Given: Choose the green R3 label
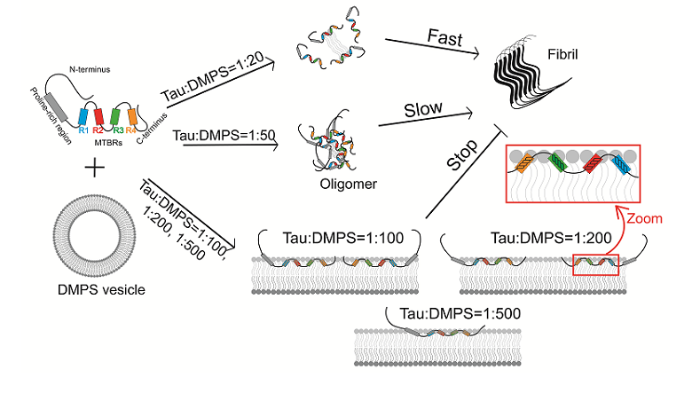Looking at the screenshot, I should click(x=117, y=130).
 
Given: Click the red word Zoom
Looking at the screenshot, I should click(x=646, y=216).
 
